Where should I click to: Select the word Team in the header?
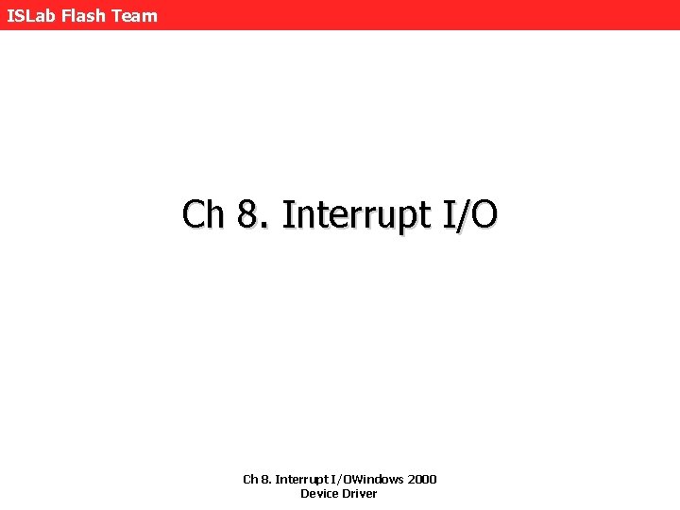point(135,15)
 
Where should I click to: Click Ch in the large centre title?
point(203,214)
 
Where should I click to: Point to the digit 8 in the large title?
point(247,214)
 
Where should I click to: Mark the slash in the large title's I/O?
point(460,214)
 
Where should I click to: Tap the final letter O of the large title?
point(483,214)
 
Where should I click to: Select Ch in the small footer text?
point(250,479)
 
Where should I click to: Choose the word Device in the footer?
point(318,494)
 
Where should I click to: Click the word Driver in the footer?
point(359,494)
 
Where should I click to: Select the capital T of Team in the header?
point(119,15)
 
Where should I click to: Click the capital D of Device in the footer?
point(305,494)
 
